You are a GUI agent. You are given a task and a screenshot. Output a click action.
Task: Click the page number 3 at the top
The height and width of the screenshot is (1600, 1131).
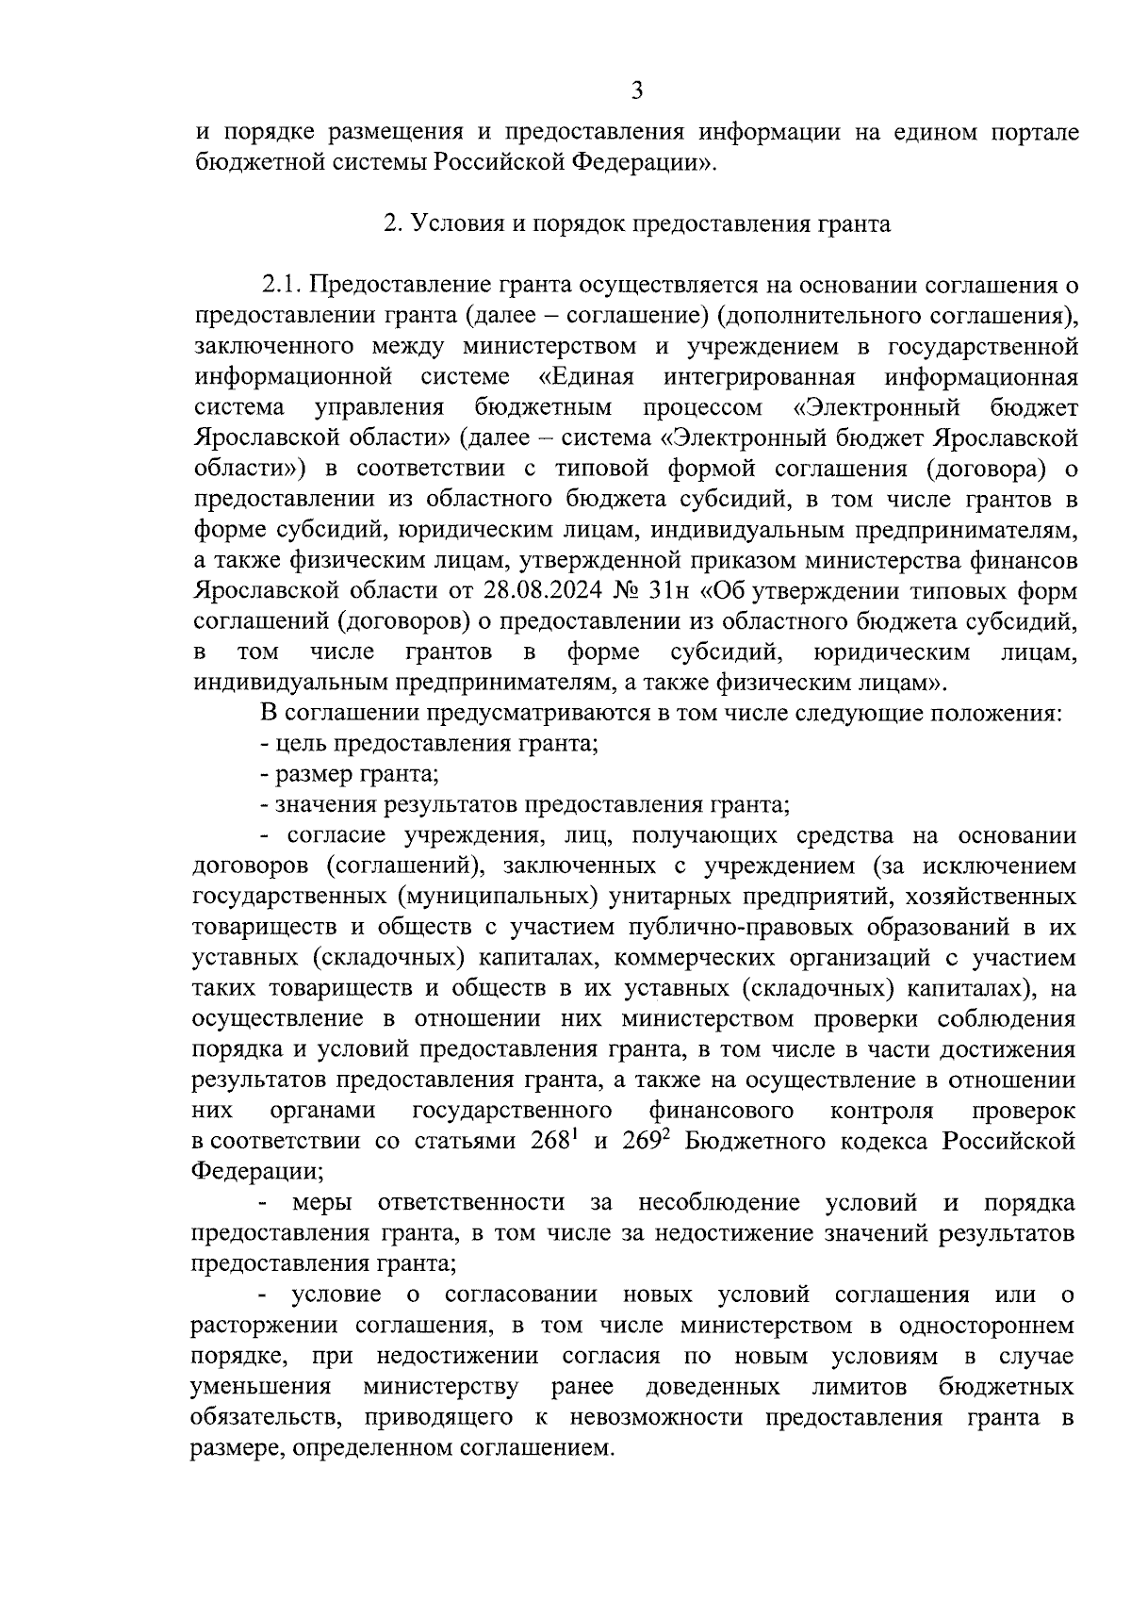click(x=637, y=91)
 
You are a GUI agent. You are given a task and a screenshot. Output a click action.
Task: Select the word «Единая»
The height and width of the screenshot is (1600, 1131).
click(x=586, y=377)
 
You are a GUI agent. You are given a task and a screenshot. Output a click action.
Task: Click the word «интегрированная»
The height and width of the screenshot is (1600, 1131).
click(x=759, y=377)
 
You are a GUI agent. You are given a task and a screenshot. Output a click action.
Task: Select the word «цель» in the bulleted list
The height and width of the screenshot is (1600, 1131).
click(x=299, y=743)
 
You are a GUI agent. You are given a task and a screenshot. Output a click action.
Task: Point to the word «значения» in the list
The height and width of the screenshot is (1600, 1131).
click(x=317, y=804)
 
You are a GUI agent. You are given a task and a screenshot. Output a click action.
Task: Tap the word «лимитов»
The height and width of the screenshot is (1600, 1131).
click(x=859, y=1387)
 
